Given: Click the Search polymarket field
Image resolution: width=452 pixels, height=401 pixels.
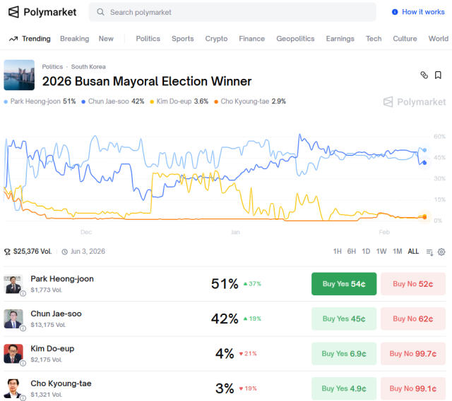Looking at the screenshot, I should coord(233,12).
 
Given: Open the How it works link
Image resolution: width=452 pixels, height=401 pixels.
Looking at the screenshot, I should coord(418,12).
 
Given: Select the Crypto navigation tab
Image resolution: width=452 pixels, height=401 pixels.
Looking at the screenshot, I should coord(216,39).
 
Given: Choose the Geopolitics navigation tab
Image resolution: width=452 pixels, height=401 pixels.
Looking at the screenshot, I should coord(295,39).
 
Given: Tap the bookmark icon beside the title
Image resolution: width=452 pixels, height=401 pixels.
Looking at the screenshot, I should coord(438,75).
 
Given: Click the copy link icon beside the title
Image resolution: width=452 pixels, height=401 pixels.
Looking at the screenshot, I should coord(424,75).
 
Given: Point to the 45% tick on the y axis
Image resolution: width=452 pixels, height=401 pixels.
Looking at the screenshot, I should coord(439,158).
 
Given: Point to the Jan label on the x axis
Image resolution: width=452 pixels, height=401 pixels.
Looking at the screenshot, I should coord(235,232).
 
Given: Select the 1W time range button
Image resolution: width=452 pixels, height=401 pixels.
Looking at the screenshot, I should coord(381,252).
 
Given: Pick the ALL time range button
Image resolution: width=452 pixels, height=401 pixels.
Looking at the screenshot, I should coord(413,252).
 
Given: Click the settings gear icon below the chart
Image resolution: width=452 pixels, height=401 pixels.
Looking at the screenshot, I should coord(441,252).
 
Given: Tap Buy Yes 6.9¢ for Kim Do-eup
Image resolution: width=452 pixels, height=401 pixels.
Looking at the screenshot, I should coord(344,354).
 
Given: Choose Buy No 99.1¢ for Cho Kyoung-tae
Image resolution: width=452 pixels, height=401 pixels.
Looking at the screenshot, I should coord(413,388).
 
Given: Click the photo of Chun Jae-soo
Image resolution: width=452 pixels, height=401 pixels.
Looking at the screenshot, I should coord(13,319).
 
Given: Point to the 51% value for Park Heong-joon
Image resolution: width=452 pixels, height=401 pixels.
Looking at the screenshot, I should coord(225,284).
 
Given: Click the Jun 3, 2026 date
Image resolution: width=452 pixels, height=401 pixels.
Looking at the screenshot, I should coord(87,252).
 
